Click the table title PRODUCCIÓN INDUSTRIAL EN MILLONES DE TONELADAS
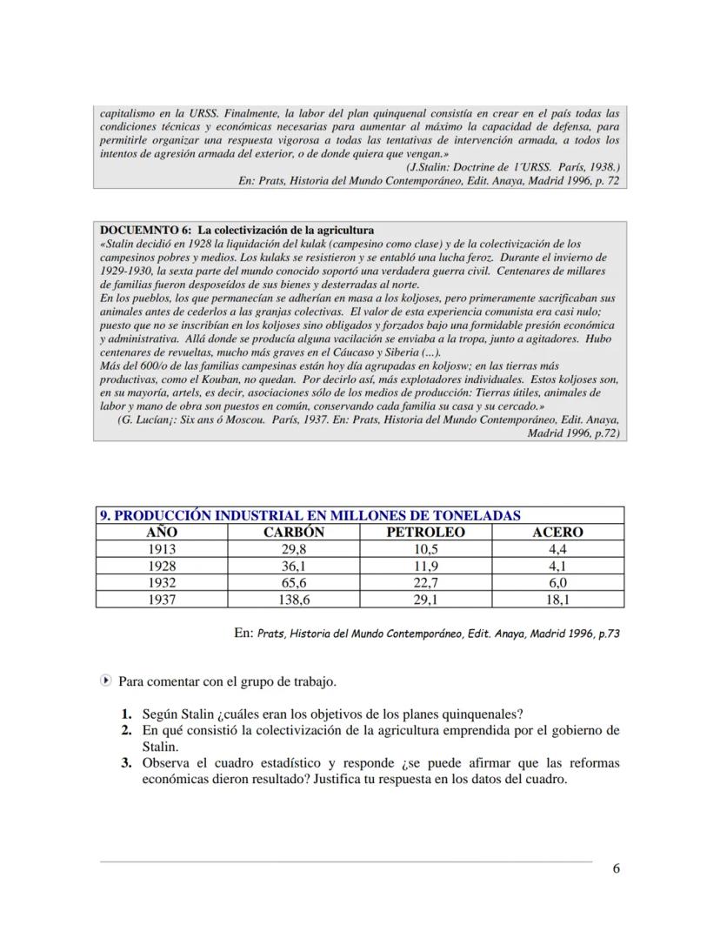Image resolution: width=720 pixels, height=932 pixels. [310, 515]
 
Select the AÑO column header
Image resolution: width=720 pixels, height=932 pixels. [162, 532]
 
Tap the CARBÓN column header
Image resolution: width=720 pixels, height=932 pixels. [294, 532]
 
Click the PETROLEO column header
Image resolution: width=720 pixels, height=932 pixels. [425, 532]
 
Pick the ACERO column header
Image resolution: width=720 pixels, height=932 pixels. [557, 532]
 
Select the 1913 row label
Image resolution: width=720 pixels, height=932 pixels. [162, 549]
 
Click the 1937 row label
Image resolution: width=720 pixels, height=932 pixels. [162, 600]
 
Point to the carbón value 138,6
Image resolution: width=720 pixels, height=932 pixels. [294, 600]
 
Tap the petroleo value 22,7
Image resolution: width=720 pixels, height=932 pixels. [425, 583]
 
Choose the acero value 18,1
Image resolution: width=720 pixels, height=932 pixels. [557, 600]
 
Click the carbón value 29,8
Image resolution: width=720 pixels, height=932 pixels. [294, 549]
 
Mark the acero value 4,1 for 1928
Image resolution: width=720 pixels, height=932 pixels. [557, 566]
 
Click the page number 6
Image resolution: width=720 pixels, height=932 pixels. [616, 868]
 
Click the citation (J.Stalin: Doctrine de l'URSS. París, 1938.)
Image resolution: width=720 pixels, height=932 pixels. [512, 165]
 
